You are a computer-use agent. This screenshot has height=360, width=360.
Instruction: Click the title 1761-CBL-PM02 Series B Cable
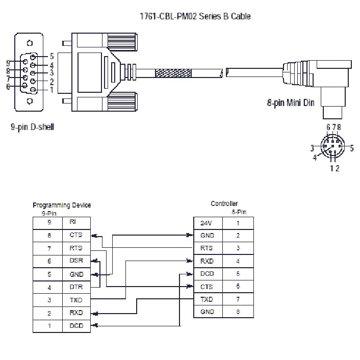coord(196,16)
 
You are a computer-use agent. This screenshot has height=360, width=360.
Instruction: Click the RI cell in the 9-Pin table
coord(76,222)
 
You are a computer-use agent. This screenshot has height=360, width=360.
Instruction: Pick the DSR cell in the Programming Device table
coord(76,261)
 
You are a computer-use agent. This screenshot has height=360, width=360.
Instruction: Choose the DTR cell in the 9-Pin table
coord(76,287)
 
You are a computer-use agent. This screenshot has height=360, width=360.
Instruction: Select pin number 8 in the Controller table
coord(238,312)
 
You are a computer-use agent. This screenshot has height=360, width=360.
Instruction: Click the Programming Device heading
coord(62,205)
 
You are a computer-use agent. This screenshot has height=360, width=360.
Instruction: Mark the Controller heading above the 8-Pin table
coord(224,203)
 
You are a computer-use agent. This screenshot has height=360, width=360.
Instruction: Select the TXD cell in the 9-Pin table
coord(76,299)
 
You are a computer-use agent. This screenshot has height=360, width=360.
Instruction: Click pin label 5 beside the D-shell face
coord(52,57)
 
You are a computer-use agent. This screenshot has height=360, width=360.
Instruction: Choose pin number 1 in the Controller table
coord(238,223)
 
